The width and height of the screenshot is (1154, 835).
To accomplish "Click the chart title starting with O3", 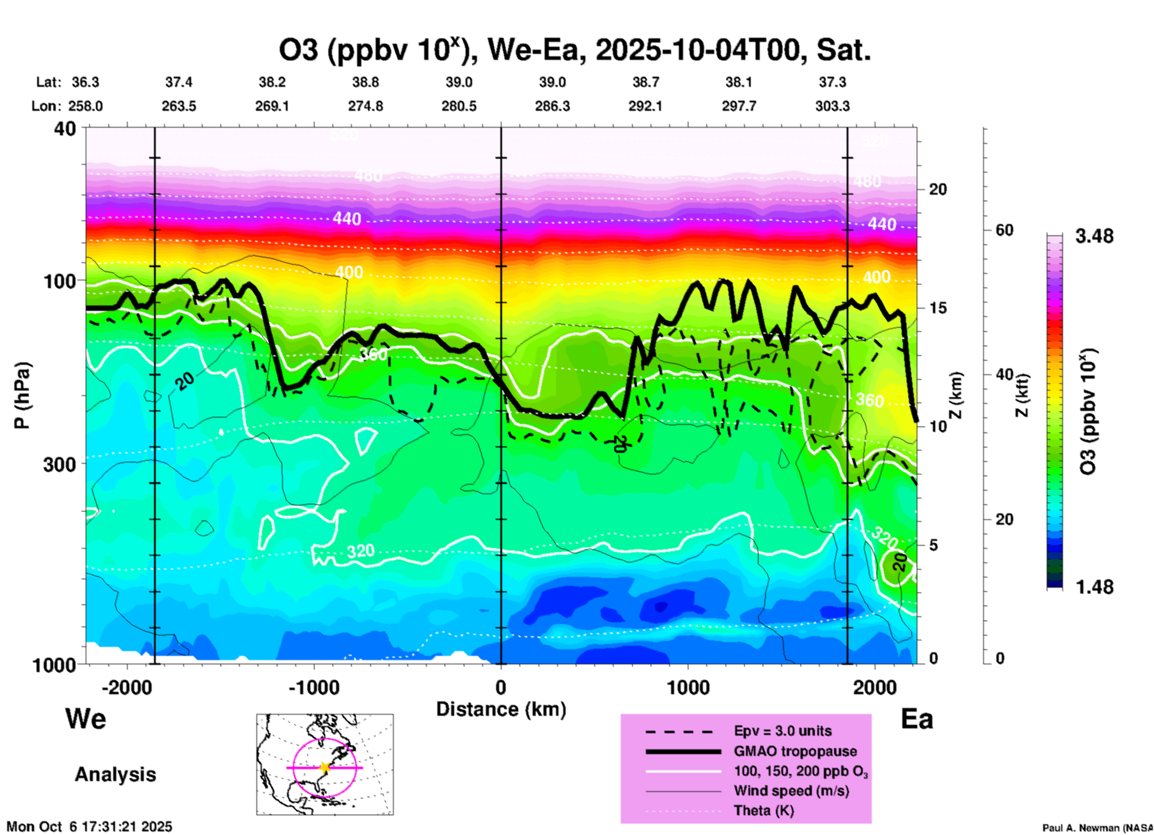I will [x=574, y=50].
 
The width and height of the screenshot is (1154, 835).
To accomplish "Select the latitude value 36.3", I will [x=86, y=82].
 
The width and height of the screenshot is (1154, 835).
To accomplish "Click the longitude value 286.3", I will [x=552, y=107].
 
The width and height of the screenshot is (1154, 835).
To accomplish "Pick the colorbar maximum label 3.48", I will [x=1094, y=237].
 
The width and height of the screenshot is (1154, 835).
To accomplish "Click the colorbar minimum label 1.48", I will [x=1094, y=587].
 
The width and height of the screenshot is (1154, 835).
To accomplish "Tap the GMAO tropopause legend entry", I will [x=795, y=751].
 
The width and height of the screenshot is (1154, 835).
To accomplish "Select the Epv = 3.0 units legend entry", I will [x=783, y=731].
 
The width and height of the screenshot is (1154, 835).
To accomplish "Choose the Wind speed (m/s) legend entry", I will [x=791, y=791].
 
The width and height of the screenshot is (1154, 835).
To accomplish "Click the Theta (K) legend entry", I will [x=764, y=811].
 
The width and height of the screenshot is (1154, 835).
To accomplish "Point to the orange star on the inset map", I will [x=325, y=767].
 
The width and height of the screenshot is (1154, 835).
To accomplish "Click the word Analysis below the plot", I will [x=115, y=775].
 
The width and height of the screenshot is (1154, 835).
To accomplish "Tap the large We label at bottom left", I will [x=86, y=719].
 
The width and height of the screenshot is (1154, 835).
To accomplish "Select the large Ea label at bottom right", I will [x=916, y=719].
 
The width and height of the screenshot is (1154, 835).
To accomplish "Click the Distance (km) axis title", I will [x=501, y=710].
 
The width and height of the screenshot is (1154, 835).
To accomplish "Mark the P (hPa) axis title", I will [x=22, y=395].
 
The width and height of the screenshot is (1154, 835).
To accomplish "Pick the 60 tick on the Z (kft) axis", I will [x=1004, y=231].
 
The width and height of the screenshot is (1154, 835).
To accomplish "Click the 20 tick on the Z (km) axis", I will [x=938, y=190].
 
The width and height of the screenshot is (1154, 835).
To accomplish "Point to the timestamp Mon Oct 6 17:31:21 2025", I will [x=89, y=827].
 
